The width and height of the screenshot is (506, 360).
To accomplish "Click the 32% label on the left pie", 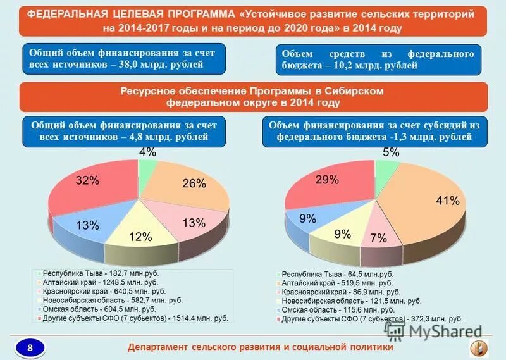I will (x=87, y=180).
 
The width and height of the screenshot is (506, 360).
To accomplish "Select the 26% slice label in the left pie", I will (x=194, y=183).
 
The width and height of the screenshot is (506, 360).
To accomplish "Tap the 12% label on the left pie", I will (x=140, y=237).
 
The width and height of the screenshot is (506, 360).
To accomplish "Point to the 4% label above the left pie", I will (x=147, y=152).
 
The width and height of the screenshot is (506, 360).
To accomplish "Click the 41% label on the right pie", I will (x=447, y=201).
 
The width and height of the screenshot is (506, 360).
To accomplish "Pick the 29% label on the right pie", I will (x=327, y=180).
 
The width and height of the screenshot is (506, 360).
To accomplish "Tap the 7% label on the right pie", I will (x=378, y=238).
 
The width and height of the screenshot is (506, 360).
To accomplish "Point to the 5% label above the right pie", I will (x=390, y=152).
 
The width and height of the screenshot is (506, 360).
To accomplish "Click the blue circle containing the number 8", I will (x=30, y=346).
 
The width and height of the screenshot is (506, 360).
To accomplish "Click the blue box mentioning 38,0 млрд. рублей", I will (x=121, y=59).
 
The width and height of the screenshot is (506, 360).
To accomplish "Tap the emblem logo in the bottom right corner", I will (x=479, y=347).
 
